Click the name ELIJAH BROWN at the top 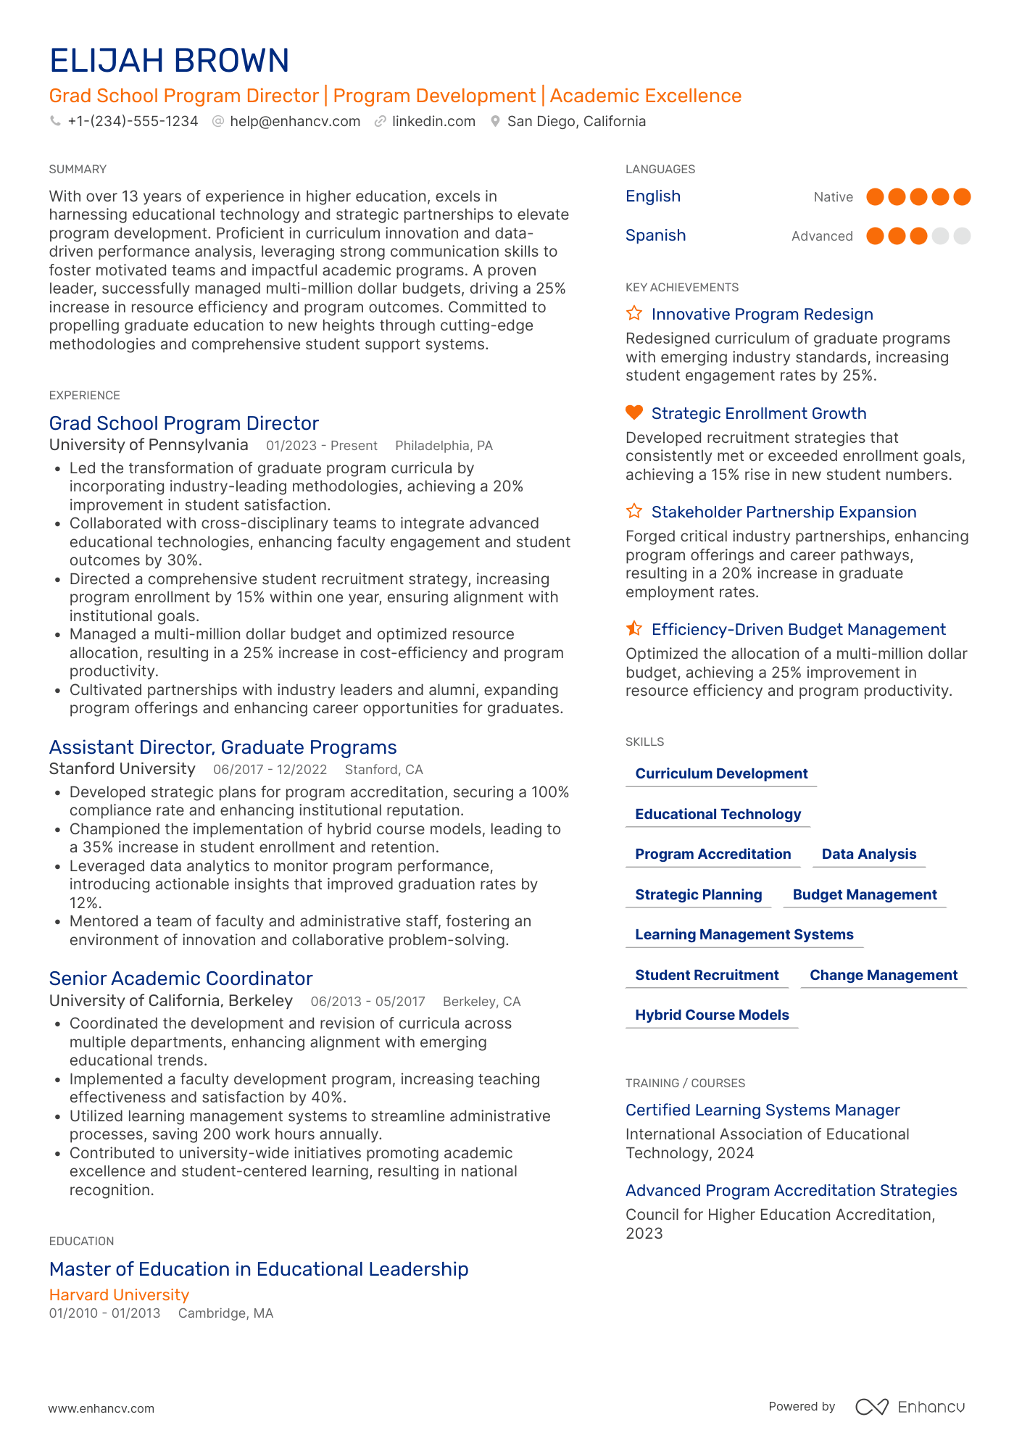click(169, 61)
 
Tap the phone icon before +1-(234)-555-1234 click(55, 121)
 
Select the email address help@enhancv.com click(294, 121)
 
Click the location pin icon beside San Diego click(495, 121)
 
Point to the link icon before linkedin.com click(380, 121)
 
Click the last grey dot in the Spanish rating click(962, 236)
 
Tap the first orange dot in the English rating click(875, 196)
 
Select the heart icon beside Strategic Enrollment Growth click(634, 412)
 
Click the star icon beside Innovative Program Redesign click(634, 313)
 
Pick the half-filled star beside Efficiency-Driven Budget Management click(634, 628)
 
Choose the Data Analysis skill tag click(868, 854)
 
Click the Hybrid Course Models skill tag click(712, 1015)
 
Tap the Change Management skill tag click(883, 975)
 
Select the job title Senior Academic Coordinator click(180, 978)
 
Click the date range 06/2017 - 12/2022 click(270, 770)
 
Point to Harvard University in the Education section click(119, 1295)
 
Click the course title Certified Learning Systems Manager click(763, 1110)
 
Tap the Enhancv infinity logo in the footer click(871, 1407)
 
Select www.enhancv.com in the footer click(101, 1408)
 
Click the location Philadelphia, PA click(444, 446)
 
